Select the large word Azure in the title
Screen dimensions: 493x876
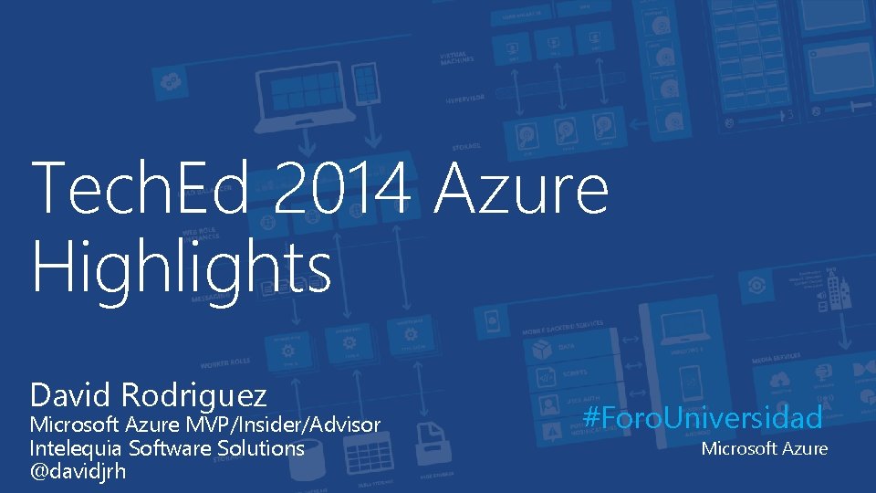coord(521,187)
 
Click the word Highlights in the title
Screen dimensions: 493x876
coord(181,267)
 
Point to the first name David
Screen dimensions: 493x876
coord(70,395)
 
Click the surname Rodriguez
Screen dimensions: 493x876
coord(193,395)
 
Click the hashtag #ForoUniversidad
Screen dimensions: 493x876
coord(703,418)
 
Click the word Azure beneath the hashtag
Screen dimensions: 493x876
coord(805,448)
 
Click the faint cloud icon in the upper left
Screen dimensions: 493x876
coord(170,82)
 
